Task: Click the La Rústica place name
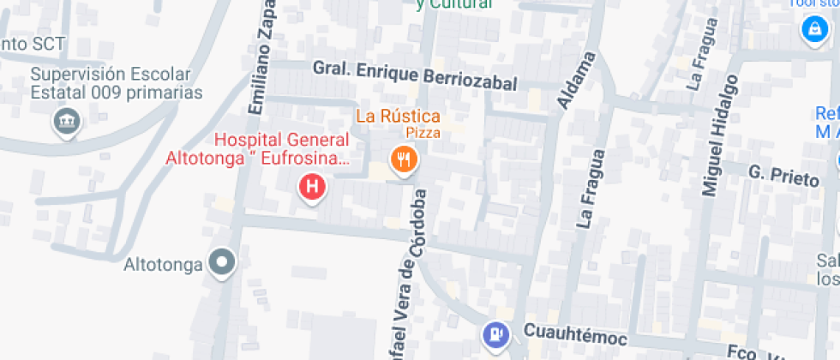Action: pyautogui.click(x=399, y=117)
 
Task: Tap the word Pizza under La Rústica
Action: pyautogui.click(x=423, y=133)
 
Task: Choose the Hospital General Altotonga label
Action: pyautogui.click(x=257, y=149)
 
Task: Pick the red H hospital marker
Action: pyautogui.click(x=313, y=185)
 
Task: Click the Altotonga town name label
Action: pyautogui.click(x=163, y=263)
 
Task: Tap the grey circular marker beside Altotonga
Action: pyautogui.click(x=223, y=262)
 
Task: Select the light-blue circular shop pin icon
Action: pyautogui.click(x=810, y=29)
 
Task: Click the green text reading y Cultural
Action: pyautogui.click(x=453, y=4)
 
